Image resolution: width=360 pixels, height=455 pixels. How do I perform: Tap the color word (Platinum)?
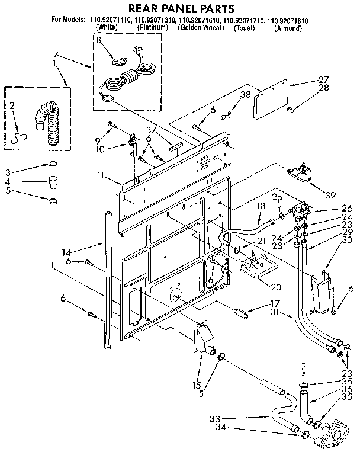pyautogui.click(x=153, y=27)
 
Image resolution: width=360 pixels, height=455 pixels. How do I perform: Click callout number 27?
pyautogui.click(x=323, y=79)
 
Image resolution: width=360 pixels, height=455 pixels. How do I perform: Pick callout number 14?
pyautogui.click(x=66, y=251)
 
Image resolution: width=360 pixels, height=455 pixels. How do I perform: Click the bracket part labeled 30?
pyautogui.click(x=321, y=292)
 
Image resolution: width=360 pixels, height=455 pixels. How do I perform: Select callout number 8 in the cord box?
pyautogui.click(x=99, y=41)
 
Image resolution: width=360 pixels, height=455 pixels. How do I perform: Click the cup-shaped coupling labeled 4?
pyautogui.click(x=53, y=180)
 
